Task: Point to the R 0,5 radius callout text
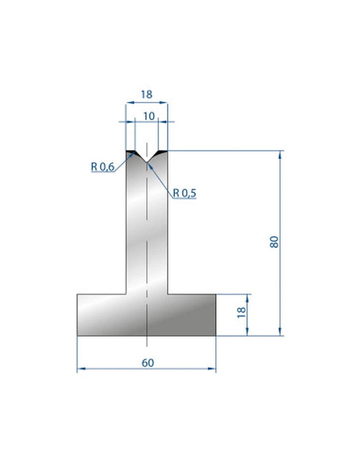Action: click(x=184, y=193)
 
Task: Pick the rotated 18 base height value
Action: click(x=242, y=311)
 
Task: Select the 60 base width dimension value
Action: click(x=148, y=363)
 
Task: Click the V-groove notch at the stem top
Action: click(x=147, y=160)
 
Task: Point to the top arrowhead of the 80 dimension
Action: click(x=280, y=154)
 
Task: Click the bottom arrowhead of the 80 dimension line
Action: click(x=280, y=333)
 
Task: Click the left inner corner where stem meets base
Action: click(x=126, y=294)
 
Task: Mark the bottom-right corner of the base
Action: click(x=216, y=336)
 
